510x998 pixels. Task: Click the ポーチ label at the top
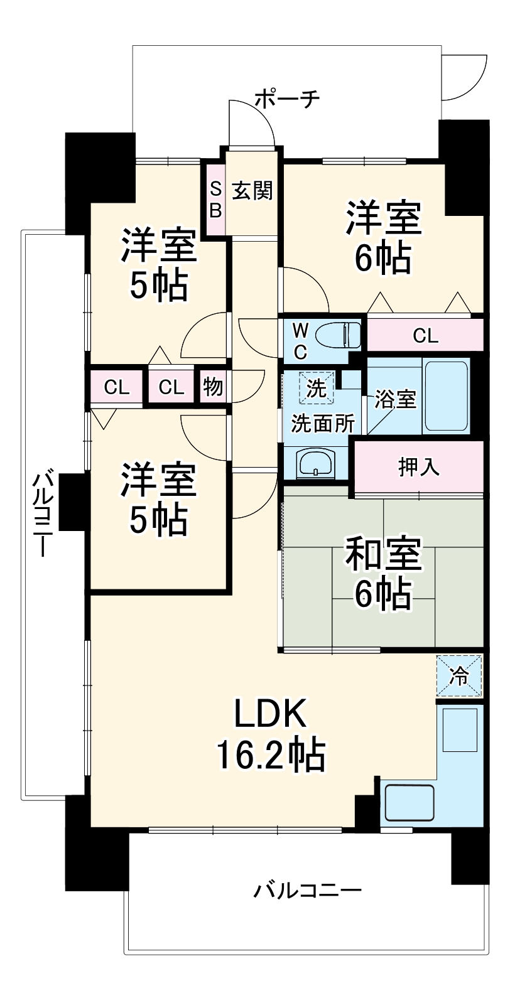tap(288, 99)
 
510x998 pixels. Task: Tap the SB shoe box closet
tap(215, 199)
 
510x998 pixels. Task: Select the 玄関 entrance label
tap(252, 190)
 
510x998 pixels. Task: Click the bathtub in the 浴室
tap(447, 395)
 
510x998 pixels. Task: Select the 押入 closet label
tap(418, 467)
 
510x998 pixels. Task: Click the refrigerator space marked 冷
tap(460, 676)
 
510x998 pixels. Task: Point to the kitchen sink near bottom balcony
tap(409, 803)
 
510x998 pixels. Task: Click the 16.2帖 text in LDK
tap(271, 755)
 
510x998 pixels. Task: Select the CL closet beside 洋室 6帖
tap(425, 336)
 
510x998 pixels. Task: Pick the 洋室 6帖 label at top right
tap(382, 237)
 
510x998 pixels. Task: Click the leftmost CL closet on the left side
tap(117, 387)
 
